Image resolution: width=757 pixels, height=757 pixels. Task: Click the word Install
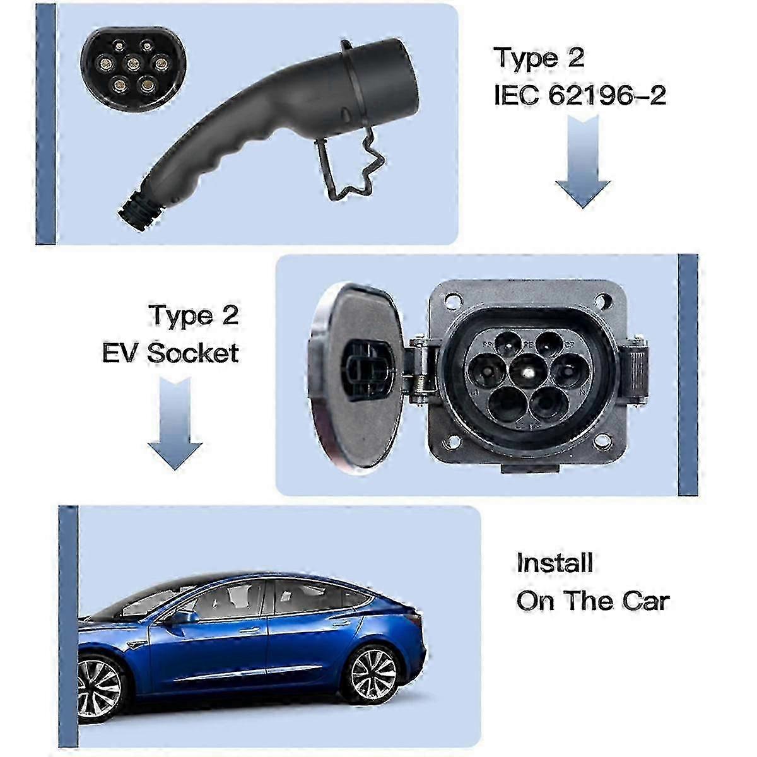(x=555, y=563)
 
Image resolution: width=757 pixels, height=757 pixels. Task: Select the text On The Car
(x=592, y=601)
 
